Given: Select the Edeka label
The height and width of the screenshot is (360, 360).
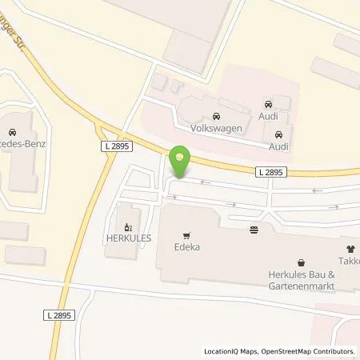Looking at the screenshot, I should tap(188, 247).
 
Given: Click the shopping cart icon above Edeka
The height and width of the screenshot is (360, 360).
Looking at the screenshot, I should tap(187, 235).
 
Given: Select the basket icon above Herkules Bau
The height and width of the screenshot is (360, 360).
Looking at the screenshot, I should tap(301, 262).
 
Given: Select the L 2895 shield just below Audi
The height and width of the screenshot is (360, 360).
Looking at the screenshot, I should tap(271, 171).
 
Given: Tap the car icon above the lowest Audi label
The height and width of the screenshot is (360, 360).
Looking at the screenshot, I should tap(278, 134).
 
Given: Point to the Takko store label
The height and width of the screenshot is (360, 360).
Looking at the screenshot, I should tap(350, 261).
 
